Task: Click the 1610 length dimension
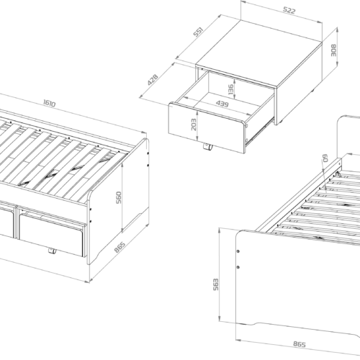pos(50,104)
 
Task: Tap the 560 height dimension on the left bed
pos(119,197)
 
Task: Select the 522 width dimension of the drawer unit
pos(289,10)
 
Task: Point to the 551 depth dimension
pos(199,32)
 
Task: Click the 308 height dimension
pos(334,50)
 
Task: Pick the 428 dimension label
pos(153,80)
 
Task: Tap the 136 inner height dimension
pos(230,89)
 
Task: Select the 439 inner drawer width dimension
pos(222,104)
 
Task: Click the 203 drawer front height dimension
pos(194,125)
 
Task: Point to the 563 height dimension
pos(216,284)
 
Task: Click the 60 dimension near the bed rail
pos(325,158)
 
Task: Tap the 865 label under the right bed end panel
pos(300,344)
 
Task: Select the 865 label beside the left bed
pos(120,247)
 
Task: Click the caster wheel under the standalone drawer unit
pos(207,147)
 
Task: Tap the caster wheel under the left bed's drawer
pos(53,251)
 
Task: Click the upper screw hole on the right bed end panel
pos(238,251)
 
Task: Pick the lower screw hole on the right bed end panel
pos(238,267)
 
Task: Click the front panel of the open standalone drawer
pos(207,127)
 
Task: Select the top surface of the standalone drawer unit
pos(258,53)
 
